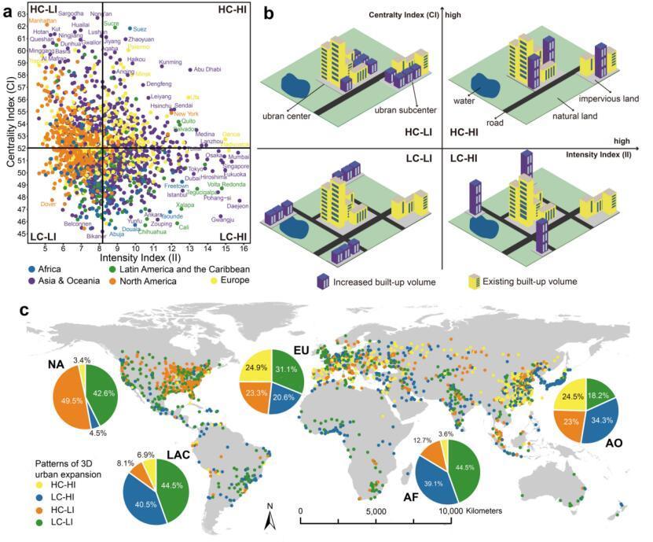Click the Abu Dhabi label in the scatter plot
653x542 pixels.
coord(207,69)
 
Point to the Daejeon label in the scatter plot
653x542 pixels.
coord(237,206)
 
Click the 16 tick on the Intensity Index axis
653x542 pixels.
coord(245,248)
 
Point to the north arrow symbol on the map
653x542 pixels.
coord(268,518)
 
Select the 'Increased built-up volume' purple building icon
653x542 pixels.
coord(323,281)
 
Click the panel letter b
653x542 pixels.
coord(269,13)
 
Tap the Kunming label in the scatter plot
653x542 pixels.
coord(171,61)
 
